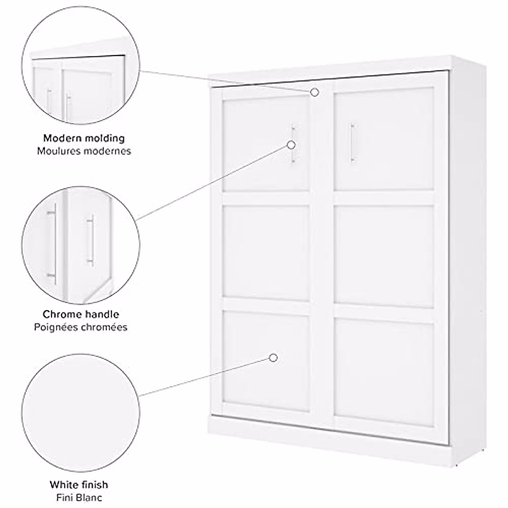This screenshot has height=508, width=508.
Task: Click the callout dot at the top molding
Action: (x=315, y=92)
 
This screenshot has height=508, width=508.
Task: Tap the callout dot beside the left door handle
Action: (x=291, y=145)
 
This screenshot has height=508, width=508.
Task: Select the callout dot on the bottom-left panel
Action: (x=273, y=358)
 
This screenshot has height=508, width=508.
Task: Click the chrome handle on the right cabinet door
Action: (x=351, y=143)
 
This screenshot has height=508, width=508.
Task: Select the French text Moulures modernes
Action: (x=84, y=151)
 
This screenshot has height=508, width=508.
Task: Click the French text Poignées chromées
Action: (x=80, y=327)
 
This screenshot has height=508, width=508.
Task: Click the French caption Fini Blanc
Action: (x=79, y=497)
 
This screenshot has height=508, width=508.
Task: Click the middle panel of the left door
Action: (x=266, y=251)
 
